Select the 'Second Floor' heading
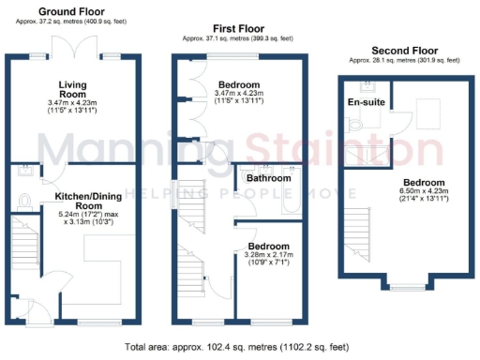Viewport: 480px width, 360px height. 405,50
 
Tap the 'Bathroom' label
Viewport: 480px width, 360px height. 268,177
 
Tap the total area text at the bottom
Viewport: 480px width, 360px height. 239,346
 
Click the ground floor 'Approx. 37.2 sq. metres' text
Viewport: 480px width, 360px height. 70,21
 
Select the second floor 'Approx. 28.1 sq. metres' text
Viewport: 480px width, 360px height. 405,59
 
